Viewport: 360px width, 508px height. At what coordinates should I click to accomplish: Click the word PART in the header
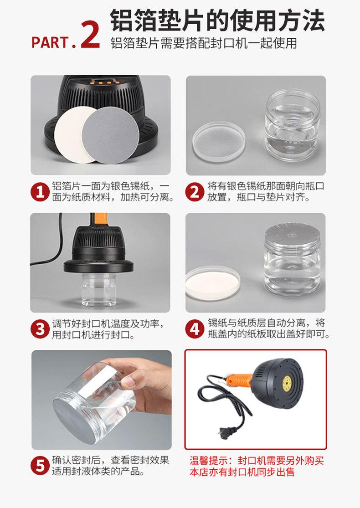50,42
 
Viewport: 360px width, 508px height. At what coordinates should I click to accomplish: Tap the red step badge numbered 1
40,192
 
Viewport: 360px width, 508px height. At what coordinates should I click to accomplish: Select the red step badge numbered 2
195,192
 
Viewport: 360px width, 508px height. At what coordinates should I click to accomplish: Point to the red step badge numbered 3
40,329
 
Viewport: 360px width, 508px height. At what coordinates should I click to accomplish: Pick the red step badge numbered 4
195,329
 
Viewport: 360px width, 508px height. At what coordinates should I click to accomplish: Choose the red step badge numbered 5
40,466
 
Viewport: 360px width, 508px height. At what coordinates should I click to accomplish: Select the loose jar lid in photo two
219,141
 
